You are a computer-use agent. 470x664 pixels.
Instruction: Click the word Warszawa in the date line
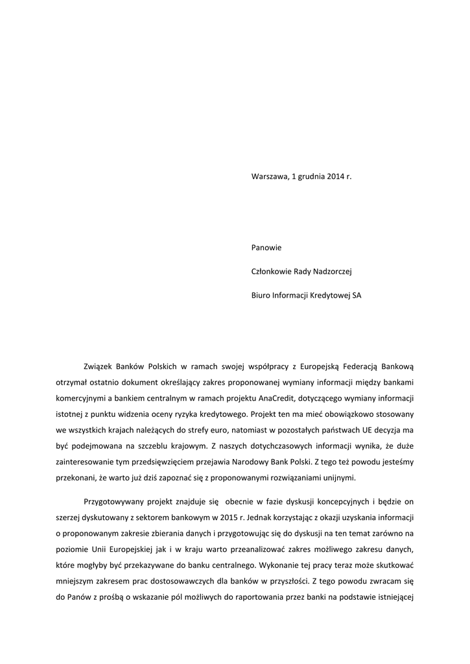click(x=269, y=176)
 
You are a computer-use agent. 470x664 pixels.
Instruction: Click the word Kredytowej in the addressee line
click(x=327, y=295)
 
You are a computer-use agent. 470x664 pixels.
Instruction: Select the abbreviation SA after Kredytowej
click(x=357, y=295)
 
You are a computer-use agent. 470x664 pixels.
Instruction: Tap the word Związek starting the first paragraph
click(x=100, y=365)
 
